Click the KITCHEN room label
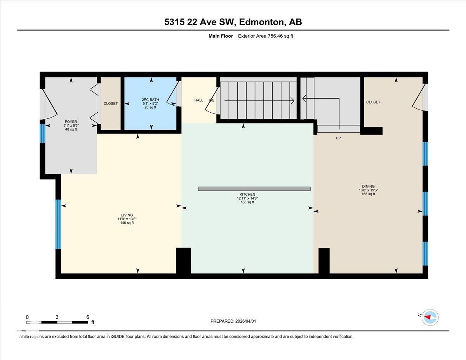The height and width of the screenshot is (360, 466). click(x=247, y=194)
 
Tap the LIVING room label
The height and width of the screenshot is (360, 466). click(x=127, y=215)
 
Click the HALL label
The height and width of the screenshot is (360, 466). click(x=199, y=100)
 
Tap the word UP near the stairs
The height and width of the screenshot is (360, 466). click(x=338, y=138)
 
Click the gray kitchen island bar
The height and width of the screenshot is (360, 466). click(x=254, y=189)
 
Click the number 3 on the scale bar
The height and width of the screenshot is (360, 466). click(x=57, y=317)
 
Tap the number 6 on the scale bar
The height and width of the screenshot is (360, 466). click(x=88, y=317)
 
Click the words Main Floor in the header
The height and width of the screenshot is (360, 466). click(x=221, y=36)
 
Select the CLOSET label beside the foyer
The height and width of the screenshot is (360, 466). click(x=111, y=103)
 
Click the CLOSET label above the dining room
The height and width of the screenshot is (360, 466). click(x=373, y=102)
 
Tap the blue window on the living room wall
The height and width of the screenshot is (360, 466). click(x=58, y=224)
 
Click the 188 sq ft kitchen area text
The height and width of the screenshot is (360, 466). click(x=247, y=202)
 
